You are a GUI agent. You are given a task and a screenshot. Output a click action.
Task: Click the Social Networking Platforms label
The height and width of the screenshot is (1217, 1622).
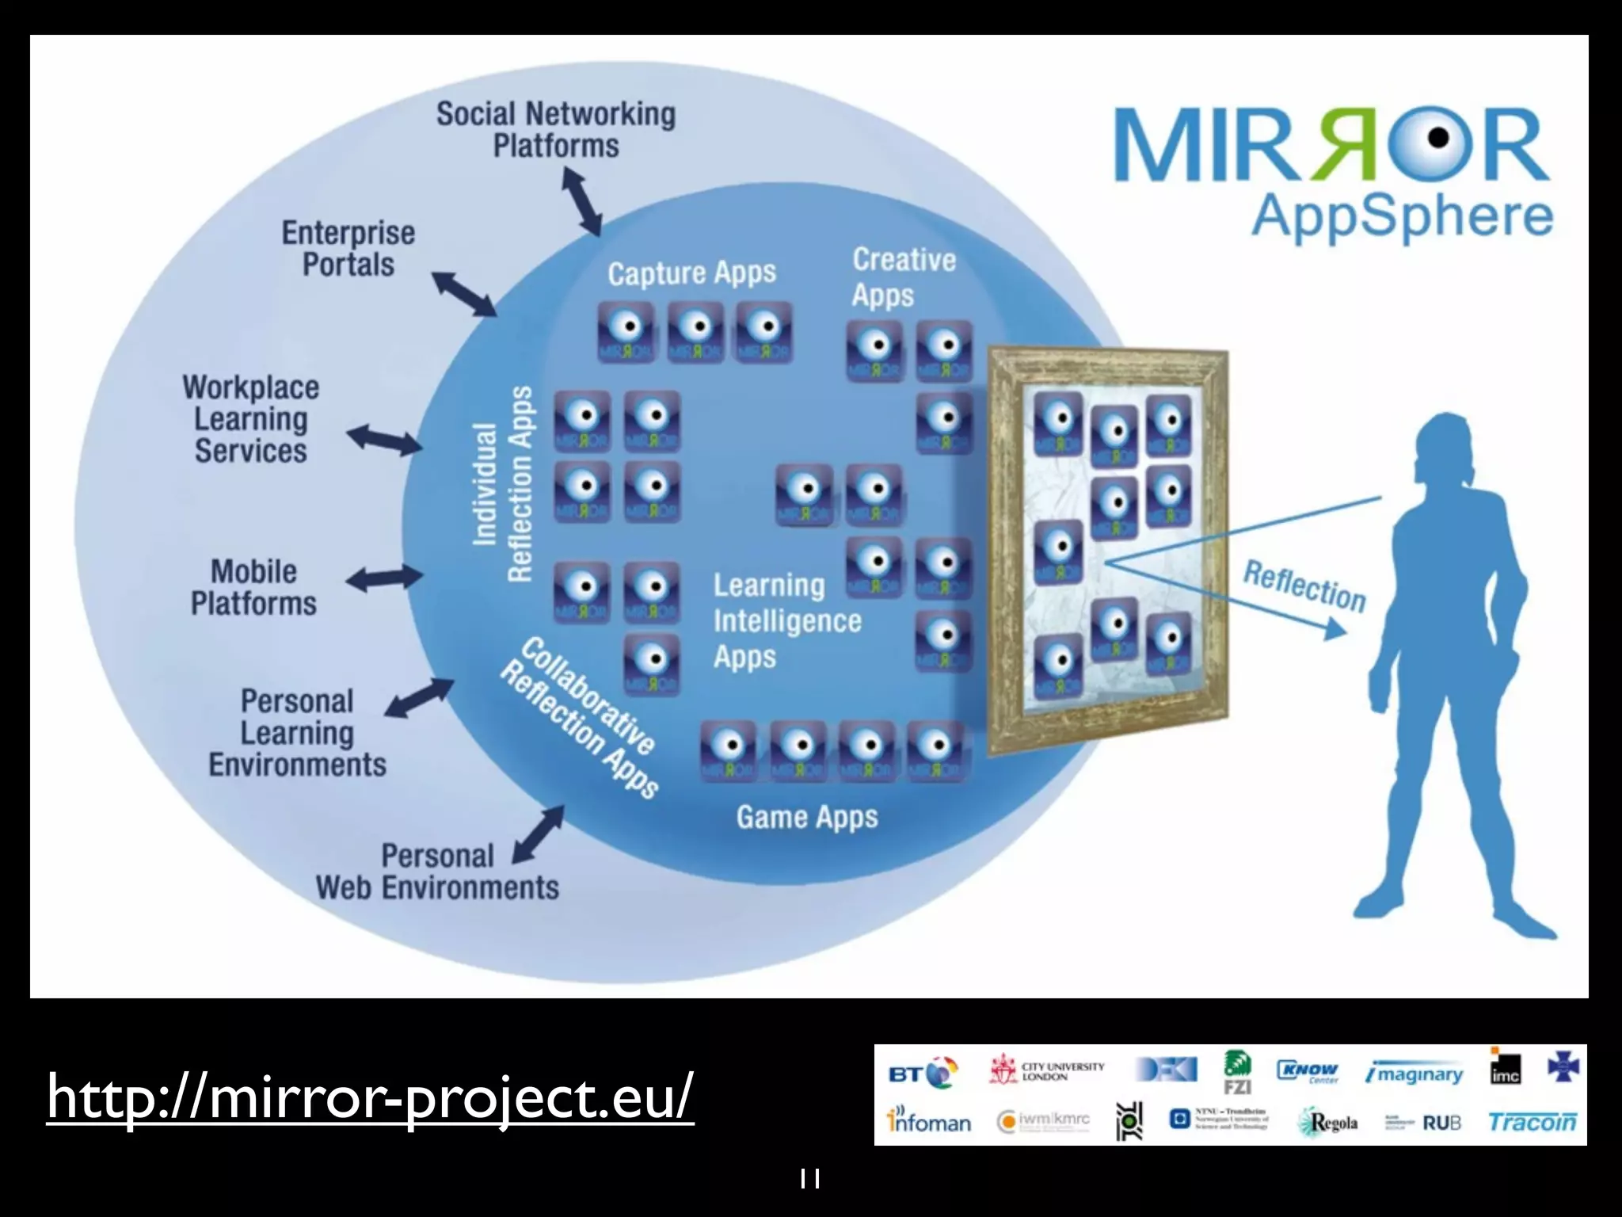(556, 130)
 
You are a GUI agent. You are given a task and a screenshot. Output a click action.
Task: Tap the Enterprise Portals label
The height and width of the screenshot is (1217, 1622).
(348, 249)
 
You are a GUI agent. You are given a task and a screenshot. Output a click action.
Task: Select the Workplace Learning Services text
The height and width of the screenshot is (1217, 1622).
(251, 419)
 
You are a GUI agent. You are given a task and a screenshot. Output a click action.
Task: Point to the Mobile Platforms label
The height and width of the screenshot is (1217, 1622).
(253, 587)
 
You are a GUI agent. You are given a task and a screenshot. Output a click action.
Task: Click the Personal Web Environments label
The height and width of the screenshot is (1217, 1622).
(437, 872)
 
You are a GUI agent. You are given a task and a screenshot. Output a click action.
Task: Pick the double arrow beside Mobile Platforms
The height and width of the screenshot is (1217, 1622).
(385, 578)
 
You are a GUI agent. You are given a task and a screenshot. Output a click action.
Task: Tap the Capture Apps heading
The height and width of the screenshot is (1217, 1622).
(691, 273)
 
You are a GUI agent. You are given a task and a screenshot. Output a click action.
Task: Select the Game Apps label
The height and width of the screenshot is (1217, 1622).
(807, 817)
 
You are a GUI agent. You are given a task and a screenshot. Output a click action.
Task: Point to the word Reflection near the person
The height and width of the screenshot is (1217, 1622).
(1304, 587)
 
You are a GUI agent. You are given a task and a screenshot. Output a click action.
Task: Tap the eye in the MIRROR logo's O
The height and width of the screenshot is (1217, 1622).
(1438, 139)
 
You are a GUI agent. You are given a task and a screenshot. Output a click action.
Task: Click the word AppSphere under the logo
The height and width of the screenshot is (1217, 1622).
(1401, 216)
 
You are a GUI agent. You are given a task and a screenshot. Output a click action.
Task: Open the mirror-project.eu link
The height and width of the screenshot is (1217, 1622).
(370, 1097)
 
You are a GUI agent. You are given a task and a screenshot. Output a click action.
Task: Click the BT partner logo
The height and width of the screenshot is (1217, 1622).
(922, 1074)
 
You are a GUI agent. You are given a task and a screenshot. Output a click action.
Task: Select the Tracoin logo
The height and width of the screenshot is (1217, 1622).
(1532, 1122)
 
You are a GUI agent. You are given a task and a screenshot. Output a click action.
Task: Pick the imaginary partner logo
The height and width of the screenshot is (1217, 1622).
(1414, 1074)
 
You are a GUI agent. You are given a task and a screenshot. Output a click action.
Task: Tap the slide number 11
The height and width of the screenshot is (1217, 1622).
(809, 1179)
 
